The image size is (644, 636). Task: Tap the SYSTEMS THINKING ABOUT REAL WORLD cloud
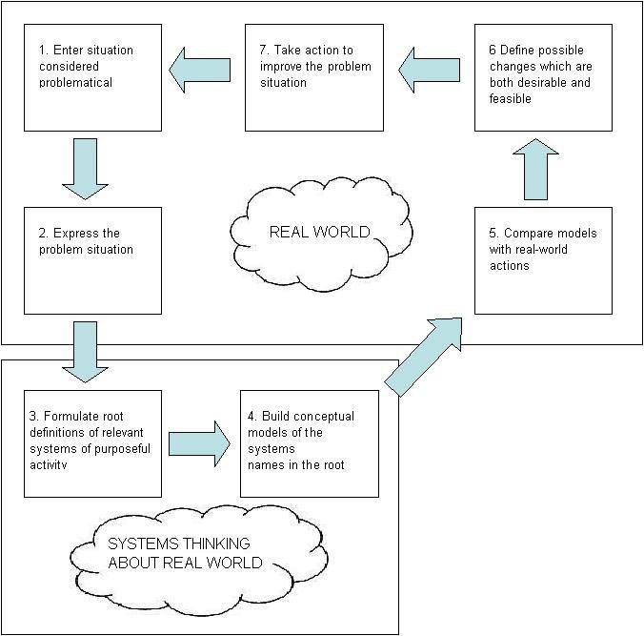click(x=184, y=553)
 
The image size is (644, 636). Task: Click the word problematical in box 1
click(x=71, y=83)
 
